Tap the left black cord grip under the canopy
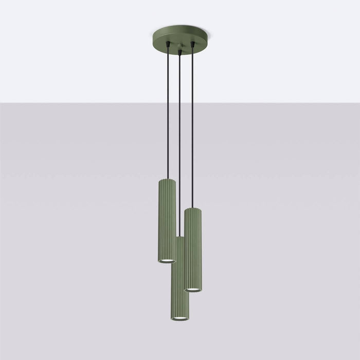click(166, 45)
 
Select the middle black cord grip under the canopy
click(179, 51)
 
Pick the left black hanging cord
click(166, 113)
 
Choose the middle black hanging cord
click(179, 144)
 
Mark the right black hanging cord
click(192, 129)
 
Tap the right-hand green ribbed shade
click(193, 249)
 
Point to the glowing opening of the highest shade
click(166, 261)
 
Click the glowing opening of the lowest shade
click(179, 319)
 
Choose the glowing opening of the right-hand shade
click(193, 290)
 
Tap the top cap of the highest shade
click(166, 181)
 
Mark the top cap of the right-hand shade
click(193, 209)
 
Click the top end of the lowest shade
click(179, 238)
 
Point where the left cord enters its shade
click(166, 178)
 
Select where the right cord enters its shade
click(192, 207)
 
